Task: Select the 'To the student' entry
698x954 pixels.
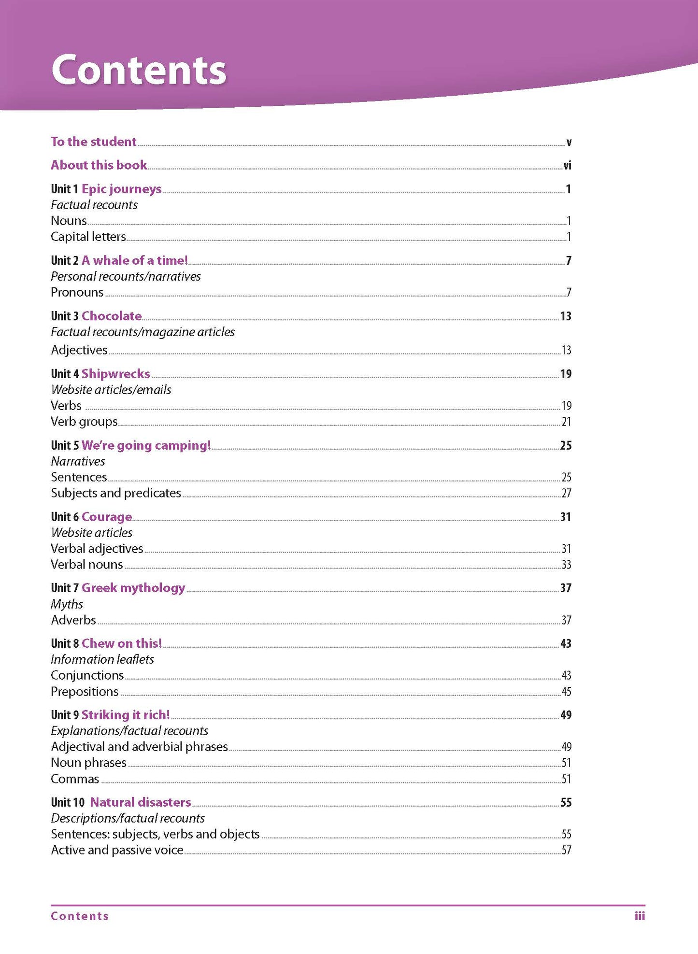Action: (x=94, y=142)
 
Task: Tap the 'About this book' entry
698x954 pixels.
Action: (x=99, y=165)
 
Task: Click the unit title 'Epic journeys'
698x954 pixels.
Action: (x=121, y=189)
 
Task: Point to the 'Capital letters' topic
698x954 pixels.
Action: (x=88, y=237)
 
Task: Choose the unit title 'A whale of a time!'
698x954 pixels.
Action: (x=134, y=260)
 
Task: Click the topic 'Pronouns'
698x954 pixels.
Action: (x=77, y=292)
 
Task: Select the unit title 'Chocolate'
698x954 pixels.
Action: (x=112, y=316)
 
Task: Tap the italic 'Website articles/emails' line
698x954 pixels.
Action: (x=111, y=390)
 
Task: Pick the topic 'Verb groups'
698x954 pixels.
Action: (x=84, y=422)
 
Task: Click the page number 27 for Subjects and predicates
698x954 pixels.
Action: (x=566, y=493)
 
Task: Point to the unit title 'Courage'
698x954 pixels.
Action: (x=107, y=517)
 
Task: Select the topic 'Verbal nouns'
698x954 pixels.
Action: (x=87, y=564)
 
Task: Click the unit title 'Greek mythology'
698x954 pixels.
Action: (x=133, y=588)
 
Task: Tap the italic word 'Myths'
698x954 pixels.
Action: (x=67, y=604)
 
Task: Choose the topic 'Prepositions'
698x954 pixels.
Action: (x=85, y=691)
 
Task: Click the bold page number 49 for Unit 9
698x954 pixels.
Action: (x=566, y=715)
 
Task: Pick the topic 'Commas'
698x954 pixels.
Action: (x=75, y=779)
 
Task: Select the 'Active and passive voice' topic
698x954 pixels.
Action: (x=117, y=850)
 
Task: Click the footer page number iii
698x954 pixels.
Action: (x=640, y=916)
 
